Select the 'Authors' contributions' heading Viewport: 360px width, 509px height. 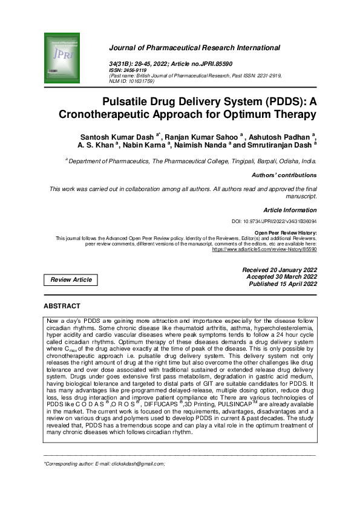(284, 175)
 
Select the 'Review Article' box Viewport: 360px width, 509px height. (71, 280)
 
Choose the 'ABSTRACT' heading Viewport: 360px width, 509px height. (62, 306)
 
